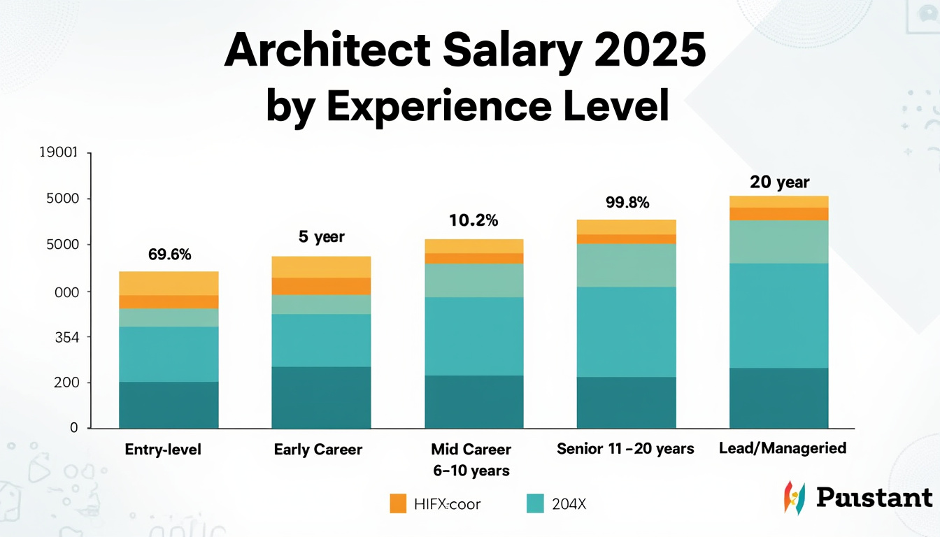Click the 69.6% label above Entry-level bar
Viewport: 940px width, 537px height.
pos(170,255)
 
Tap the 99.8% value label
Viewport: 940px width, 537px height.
pos(627,203)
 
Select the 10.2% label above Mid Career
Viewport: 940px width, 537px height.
pos(473,221)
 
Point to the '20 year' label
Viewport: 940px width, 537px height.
pos(779,182)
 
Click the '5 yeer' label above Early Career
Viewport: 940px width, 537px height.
pos(322,237)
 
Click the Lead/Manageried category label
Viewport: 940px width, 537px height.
pos(783,448)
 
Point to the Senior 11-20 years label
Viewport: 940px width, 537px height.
pos(625,448)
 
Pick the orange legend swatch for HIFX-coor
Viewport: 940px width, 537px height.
pos(398,503)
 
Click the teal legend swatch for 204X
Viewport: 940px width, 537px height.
pos(534,503)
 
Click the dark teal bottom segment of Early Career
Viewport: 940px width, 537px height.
pos(321,397)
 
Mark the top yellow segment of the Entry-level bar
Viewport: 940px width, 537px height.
pos(169,283)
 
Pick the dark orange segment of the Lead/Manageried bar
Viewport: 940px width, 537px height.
pos(778,214)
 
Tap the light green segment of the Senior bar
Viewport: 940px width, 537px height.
pos(626,265)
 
